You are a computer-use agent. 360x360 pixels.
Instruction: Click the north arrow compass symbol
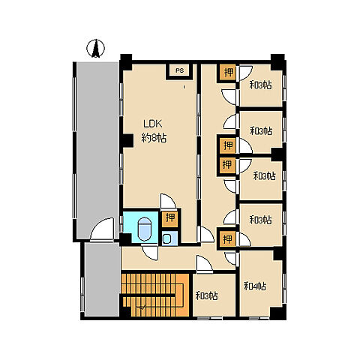pyautogui.click(x=95, y=49)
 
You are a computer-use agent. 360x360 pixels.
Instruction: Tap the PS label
pyautogui.click(x=179, y=70)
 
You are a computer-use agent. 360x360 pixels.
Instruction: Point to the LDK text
pyautogui.click(x=153, y=124)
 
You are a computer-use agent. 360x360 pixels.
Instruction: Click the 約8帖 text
pyautogui.click(x=154, y=137)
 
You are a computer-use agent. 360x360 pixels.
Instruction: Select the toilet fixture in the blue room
pyautogui.click(x=145, y=229)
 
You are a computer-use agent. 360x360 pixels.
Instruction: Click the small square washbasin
pyautogui.click(x=166, y=239)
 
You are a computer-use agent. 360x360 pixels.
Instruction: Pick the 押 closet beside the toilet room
pyautogui.click(x=170, y=218)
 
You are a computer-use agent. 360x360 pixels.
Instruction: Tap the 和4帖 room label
pyautogui.click(x=255, y=286)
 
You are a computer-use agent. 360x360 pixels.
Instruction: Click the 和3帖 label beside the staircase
pyautogui.click(x=206, y=295)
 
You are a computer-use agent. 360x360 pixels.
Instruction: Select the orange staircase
pyautogui.click(x=155, y=295)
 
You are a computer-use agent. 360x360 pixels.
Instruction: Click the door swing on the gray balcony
pyautogui.click(x=103, y=229)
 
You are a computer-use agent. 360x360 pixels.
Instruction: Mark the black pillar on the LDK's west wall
pyautogui.click(x=128, y=140)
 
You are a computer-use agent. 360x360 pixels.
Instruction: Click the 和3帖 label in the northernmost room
pyautogui.click(x=261, y=85)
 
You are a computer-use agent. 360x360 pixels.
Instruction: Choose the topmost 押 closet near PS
pyautogui.click(x=228, y=73)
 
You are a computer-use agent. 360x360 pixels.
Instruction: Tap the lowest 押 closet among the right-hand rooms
pyautogui.click(x=227, y=239)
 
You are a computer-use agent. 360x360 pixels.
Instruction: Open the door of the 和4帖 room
pyautogui.click(x=230, y=259)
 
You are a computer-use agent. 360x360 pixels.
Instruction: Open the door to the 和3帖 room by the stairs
pyautogui.click(x=204, y=264)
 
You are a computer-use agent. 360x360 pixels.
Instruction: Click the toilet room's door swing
pyautogui.click(x=150, y=253)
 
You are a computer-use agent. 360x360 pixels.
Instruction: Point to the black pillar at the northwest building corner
pyautogui.click(x=126, y=62)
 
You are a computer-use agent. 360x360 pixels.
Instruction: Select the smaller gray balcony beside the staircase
pyautogui.click(x=102, y=279)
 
